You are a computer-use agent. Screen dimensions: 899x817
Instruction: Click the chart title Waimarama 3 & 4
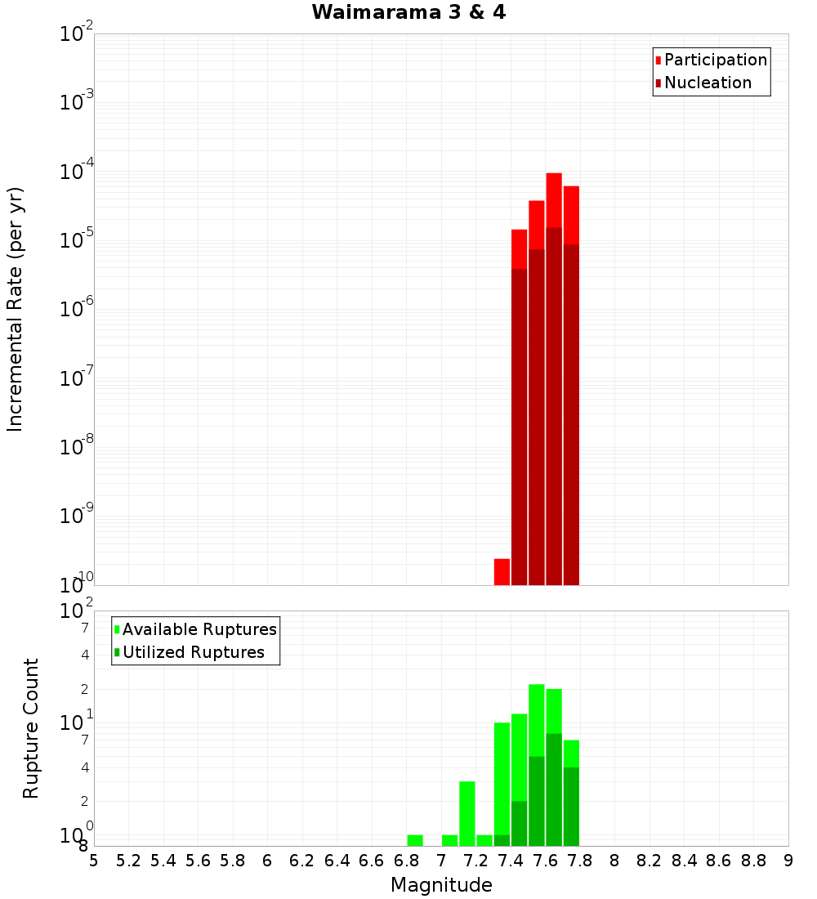(408, 13)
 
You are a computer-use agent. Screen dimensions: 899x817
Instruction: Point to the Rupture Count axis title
(31, 728)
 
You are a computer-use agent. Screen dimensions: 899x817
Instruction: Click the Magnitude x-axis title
(441, 885)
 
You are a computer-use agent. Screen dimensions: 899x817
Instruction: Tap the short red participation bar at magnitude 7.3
(502, 571)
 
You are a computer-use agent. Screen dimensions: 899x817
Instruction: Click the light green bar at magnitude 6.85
(415, 840)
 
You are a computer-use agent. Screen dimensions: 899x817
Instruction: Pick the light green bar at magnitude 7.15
(467, 813)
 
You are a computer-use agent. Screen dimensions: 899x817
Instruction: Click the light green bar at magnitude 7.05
(449, 840)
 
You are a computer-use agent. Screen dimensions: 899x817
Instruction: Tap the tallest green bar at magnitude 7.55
(537, 719)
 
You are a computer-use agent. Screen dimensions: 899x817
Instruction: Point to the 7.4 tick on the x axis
(511, 861)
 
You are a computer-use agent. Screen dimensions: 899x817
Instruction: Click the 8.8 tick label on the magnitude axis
(753, 861)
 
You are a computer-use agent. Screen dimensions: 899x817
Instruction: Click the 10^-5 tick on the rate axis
(78, 239)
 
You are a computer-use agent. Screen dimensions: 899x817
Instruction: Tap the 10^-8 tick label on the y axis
(78, 446)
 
